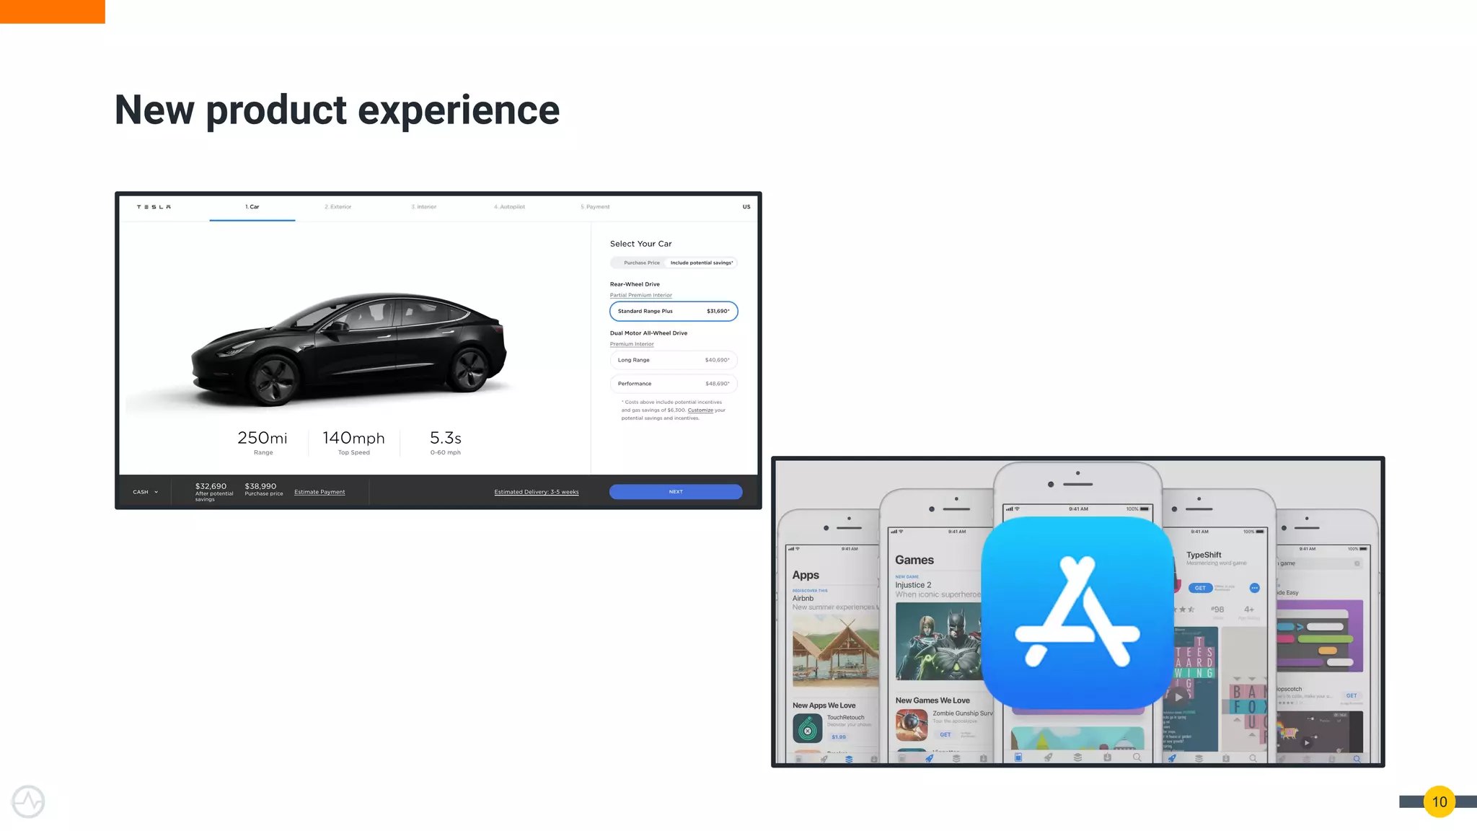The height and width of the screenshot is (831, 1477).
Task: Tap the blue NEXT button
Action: tap(675, 492)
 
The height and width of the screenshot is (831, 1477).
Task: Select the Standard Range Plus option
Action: tap(674, 311)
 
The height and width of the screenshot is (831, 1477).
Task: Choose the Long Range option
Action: tap(674, 360)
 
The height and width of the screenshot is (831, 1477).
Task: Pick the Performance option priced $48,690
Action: tap(674, 384)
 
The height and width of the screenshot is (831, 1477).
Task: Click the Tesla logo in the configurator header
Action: tap(154, 207)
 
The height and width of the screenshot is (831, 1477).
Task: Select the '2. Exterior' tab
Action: tap(338, 207)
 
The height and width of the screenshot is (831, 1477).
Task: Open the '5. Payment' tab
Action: tap(595, 207)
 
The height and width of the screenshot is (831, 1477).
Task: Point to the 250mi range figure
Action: tap(263, 438)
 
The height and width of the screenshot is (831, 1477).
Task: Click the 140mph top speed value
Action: tap(353, 438)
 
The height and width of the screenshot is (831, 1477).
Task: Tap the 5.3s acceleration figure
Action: tap(445, 438)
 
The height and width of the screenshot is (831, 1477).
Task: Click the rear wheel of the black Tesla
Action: tap(468, 369)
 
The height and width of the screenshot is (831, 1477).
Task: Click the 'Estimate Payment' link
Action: tap(319, 492)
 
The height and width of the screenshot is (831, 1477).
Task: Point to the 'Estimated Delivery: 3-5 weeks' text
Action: tap(537, 492)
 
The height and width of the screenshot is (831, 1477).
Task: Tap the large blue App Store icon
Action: tap(1077, 612)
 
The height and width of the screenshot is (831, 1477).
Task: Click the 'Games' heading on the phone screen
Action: tap(914, 560)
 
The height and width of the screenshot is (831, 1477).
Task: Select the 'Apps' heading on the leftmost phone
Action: tap(806, 575)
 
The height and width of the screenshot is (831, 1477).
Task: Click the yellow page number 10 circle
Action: tap(1439, 801)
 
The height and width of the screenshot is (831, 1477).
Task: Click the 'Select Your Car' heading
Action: tap(640, 244)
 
